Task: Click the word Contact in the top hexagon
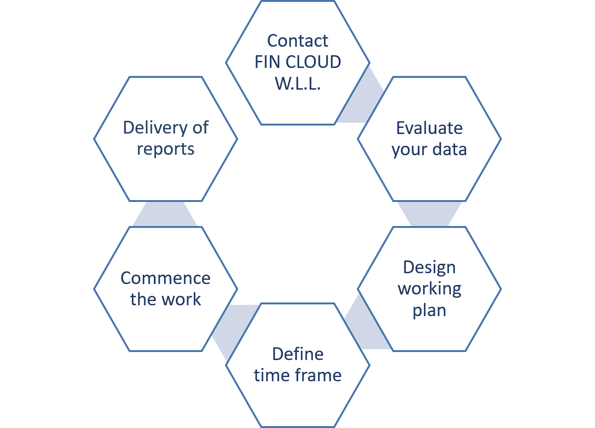pos(297,41)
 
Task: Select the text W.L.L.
pos(298,84)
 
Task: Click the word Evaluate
pos(429,128)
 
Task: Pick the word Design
pos(429,267)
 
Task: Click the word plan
pos(429,311)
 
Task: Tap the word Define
pos(298,354)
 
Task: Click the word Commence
pos(165,278)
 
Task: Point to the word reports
pos(165,149)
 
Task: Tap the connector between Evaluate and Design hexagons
pos(429,214)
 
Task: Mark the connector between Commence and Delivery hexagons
pos(164,214)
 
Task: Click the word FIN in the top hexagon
pos(266,62)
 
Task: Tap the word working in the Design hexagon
pos(429,289)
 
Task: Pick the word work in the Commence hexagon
pos(182,299)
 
